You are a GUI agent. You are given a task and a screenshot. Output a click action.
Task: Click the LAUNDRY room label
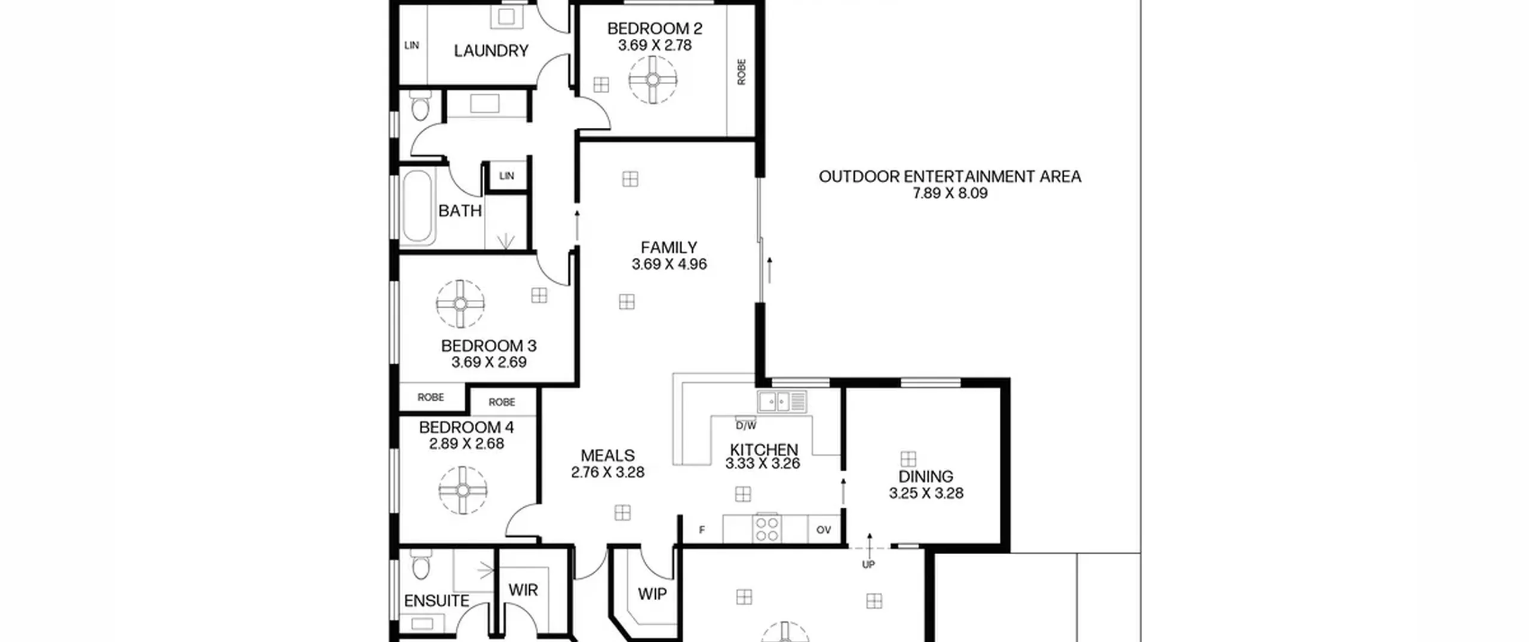(x=491, y=51)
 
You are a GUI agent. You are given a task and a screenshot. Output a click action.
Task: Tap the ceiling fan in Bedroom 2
(x=653, y=79)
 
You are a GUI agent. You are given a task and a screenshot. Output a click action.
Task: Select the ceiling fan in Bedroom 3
(x=460, y=304)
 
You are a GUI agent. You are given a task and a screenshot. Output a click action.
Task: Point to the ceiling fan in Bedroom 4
(x=463, y=490)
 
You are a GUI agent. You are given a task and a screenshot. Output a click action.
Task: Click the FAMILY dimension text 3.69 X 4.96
(x=669, y=264)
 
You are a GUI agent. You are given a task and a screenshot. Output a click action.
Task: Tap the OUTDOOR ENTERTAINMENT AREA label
(x=950, y=177)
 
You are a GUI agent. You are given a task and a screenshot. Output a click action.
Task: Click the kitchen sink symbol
(x=782, y=401)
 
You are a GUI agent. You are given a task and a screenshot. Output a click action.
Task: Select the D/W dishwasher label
(x=746, y=426)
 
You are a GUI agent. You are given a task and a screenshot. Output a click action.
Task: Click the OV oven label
(x=824, y=530)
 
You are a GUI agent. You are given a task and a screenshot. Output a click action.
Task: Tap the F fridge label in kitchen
(x=702, y=530)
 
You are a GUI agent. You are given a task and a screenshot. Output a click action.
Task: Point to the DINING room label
(x=926, y=477)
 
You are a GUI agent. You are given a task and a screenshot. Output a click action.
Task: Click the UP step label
(x=868, y=564)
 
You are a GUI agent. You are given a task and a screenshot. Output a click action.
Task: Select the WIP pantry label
(x=652, y=594)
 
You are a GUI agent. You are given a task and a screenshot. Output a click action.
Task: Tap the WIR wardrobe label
(x=523, y=590)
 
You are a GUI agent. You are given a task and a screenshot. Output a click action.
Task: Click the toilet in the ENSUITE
(x=420, y=564)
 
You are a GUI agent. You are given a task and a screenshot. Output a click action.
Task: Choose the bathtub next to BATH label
(x=416, y=207)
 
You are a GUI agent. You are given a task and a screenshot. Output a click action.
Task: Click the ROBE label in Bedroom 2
(x=742, y=72)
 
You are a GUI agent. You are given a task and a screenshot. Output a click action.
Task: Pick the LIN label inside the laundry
(x=412, y=45)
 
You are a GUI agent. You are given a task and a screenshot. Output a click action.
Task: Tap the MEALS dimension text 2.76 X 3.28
(x=607, y=472)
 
